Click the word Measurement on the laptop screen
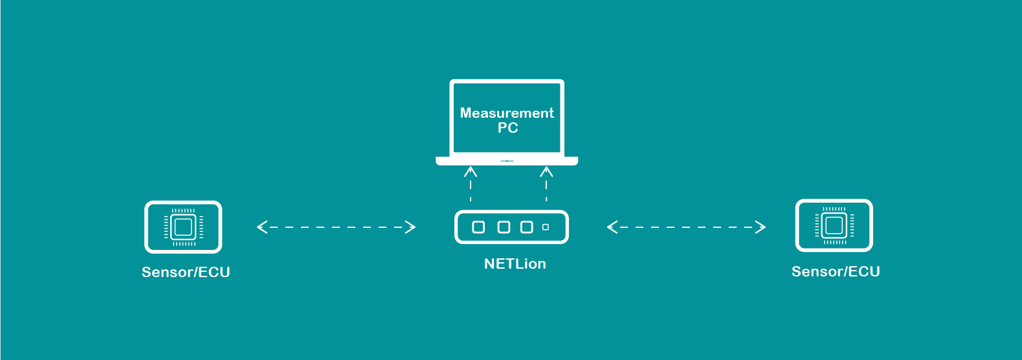point(507,113)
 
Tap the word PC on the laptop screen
point(507,128)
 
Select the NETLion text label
point(515,264)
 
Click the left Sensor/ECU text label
point(186,273)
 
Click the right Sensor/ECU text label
point(836,272)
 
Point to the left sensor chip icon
point(183,227)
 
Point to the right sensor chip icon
point(834,225)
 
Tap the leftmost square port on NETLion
point(478,227)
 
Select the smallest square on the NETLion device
point(546,227)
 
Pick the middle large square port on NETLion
point(504,227)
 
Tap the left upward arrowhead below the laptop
point(471,172)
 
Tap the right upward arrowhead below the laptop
point(546,172)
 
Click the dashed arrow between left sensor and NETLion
point(336,227)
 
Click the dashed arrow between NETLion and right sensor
point(686,227)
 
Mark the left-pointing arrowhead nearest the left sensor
point(261,227)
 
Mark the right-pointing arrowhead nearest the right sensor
point(761,227)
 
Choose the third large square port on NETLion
point(527,227)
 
